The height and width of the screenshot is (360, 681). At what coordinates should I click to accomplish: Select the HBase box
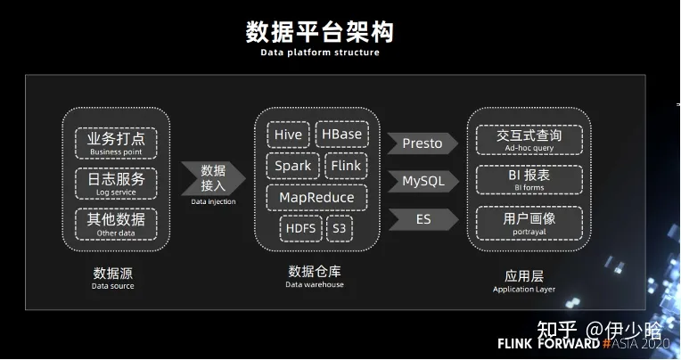341,135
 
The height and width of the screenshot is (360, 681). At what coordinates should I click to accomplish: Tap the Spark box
292,166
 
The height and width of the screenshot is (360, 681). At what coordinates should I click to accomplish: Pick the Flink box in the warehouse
344,166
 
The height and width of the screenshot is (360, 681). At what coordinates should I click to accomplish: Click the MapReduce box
316,197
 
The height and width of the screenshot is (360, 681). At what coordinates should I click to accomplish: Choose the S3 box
340,228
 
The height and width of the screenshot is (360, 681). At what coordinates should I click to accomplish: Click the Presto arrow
423,143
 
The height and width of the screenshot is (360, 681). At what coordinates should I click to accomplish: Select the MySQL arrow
423,181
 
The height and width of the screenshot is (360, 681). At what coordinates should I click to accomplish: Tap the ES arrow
423,218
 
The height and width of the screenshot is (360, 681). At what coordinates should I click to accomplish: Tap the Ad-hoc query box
529,139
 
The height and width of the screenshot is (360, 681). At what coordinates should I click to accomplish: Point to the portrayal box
529,222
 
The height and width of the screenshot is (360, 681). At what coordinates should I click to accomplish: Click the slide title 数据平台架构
319,32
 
